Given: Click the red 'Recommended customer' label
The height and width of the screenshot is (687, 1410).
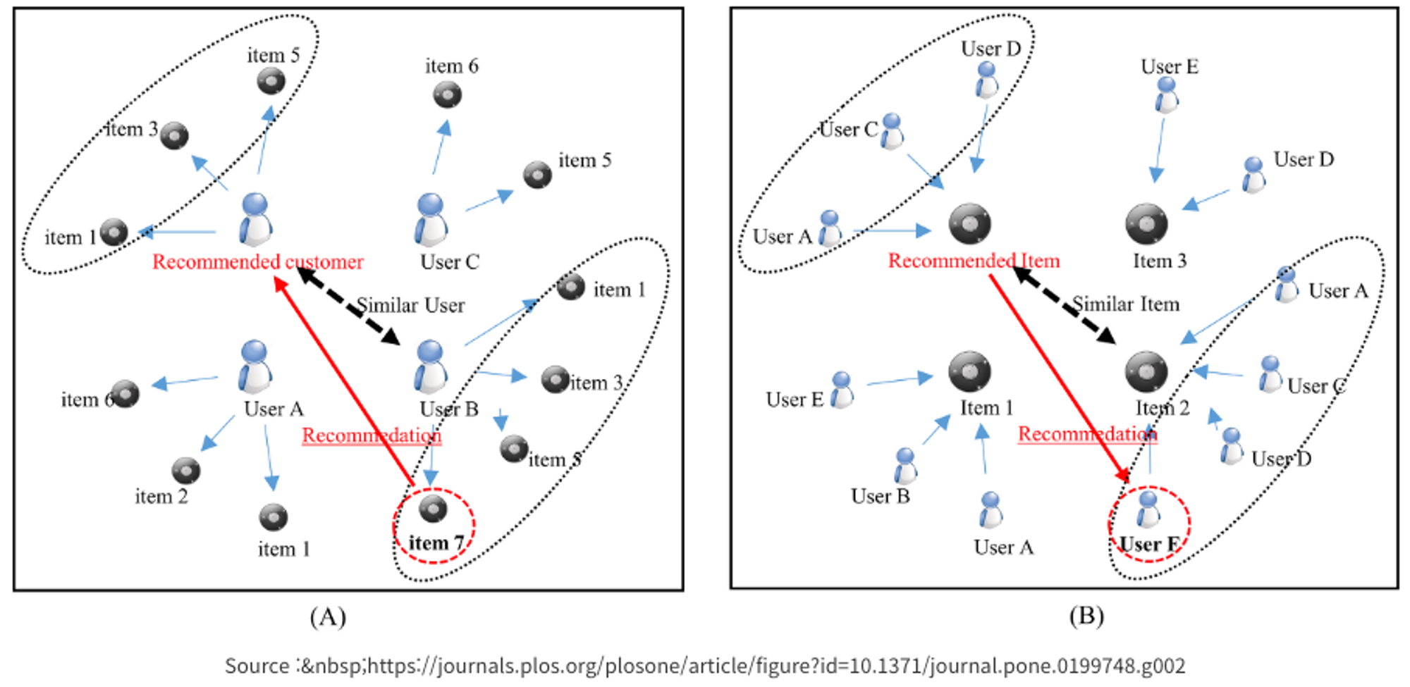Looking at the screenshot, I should pos(257,262).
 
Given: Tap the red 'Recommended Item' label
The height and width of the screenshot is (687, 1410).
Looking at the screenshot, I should pos(974,261).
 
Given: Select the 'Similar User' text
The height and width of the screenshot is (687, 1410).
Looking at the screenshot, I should pos(410,306).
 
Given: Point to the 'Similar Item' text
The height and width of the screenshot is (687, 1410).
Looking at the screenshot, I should pos(1126,304).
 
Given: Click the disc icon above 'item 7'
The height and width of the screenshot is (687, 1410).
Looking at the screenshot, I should pos(433,508).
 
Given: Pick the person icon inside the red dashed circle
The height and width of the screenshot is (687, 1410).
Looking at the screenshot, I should pos(1148,509).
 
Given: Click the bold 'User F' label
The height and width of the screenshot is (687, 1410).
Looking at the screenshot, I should pos(1149,545).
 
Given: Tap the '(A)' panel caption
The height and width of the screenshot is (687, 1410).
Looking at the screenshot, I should pos(328,617).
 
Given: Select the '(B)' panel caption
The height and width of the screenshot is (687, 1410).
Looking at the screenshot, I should pos(1086,616).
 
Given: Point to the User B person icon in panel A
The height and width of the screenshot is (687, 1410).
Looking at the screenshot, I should pos(430,366).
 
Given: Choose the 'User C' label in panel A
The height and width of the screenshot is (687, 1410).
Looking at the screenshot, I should pos(450,262).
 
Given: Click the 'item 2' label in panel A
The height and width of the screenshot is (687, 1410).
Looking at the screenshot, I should pos(161,497).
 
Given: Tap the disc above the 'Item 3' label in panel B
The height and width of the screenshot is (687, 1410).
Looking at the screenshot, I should pos(1146,224).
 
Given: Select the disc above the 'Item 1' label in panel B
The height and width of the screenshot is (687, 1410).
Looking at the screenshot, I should pos(969,371).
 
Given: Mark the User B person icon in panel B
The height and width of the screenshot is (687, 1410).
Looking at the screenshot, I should pos(905,466).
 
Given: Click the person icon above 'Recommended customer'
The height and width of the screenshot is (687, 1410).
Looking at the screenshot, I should pos(255,219).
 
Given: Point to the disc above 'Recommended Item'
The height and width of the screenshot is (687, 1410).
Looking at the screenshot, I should pos(969,224).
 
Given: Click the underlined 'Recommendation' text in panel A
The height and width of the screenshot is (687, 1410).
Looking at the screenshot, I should pos(372,435).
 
